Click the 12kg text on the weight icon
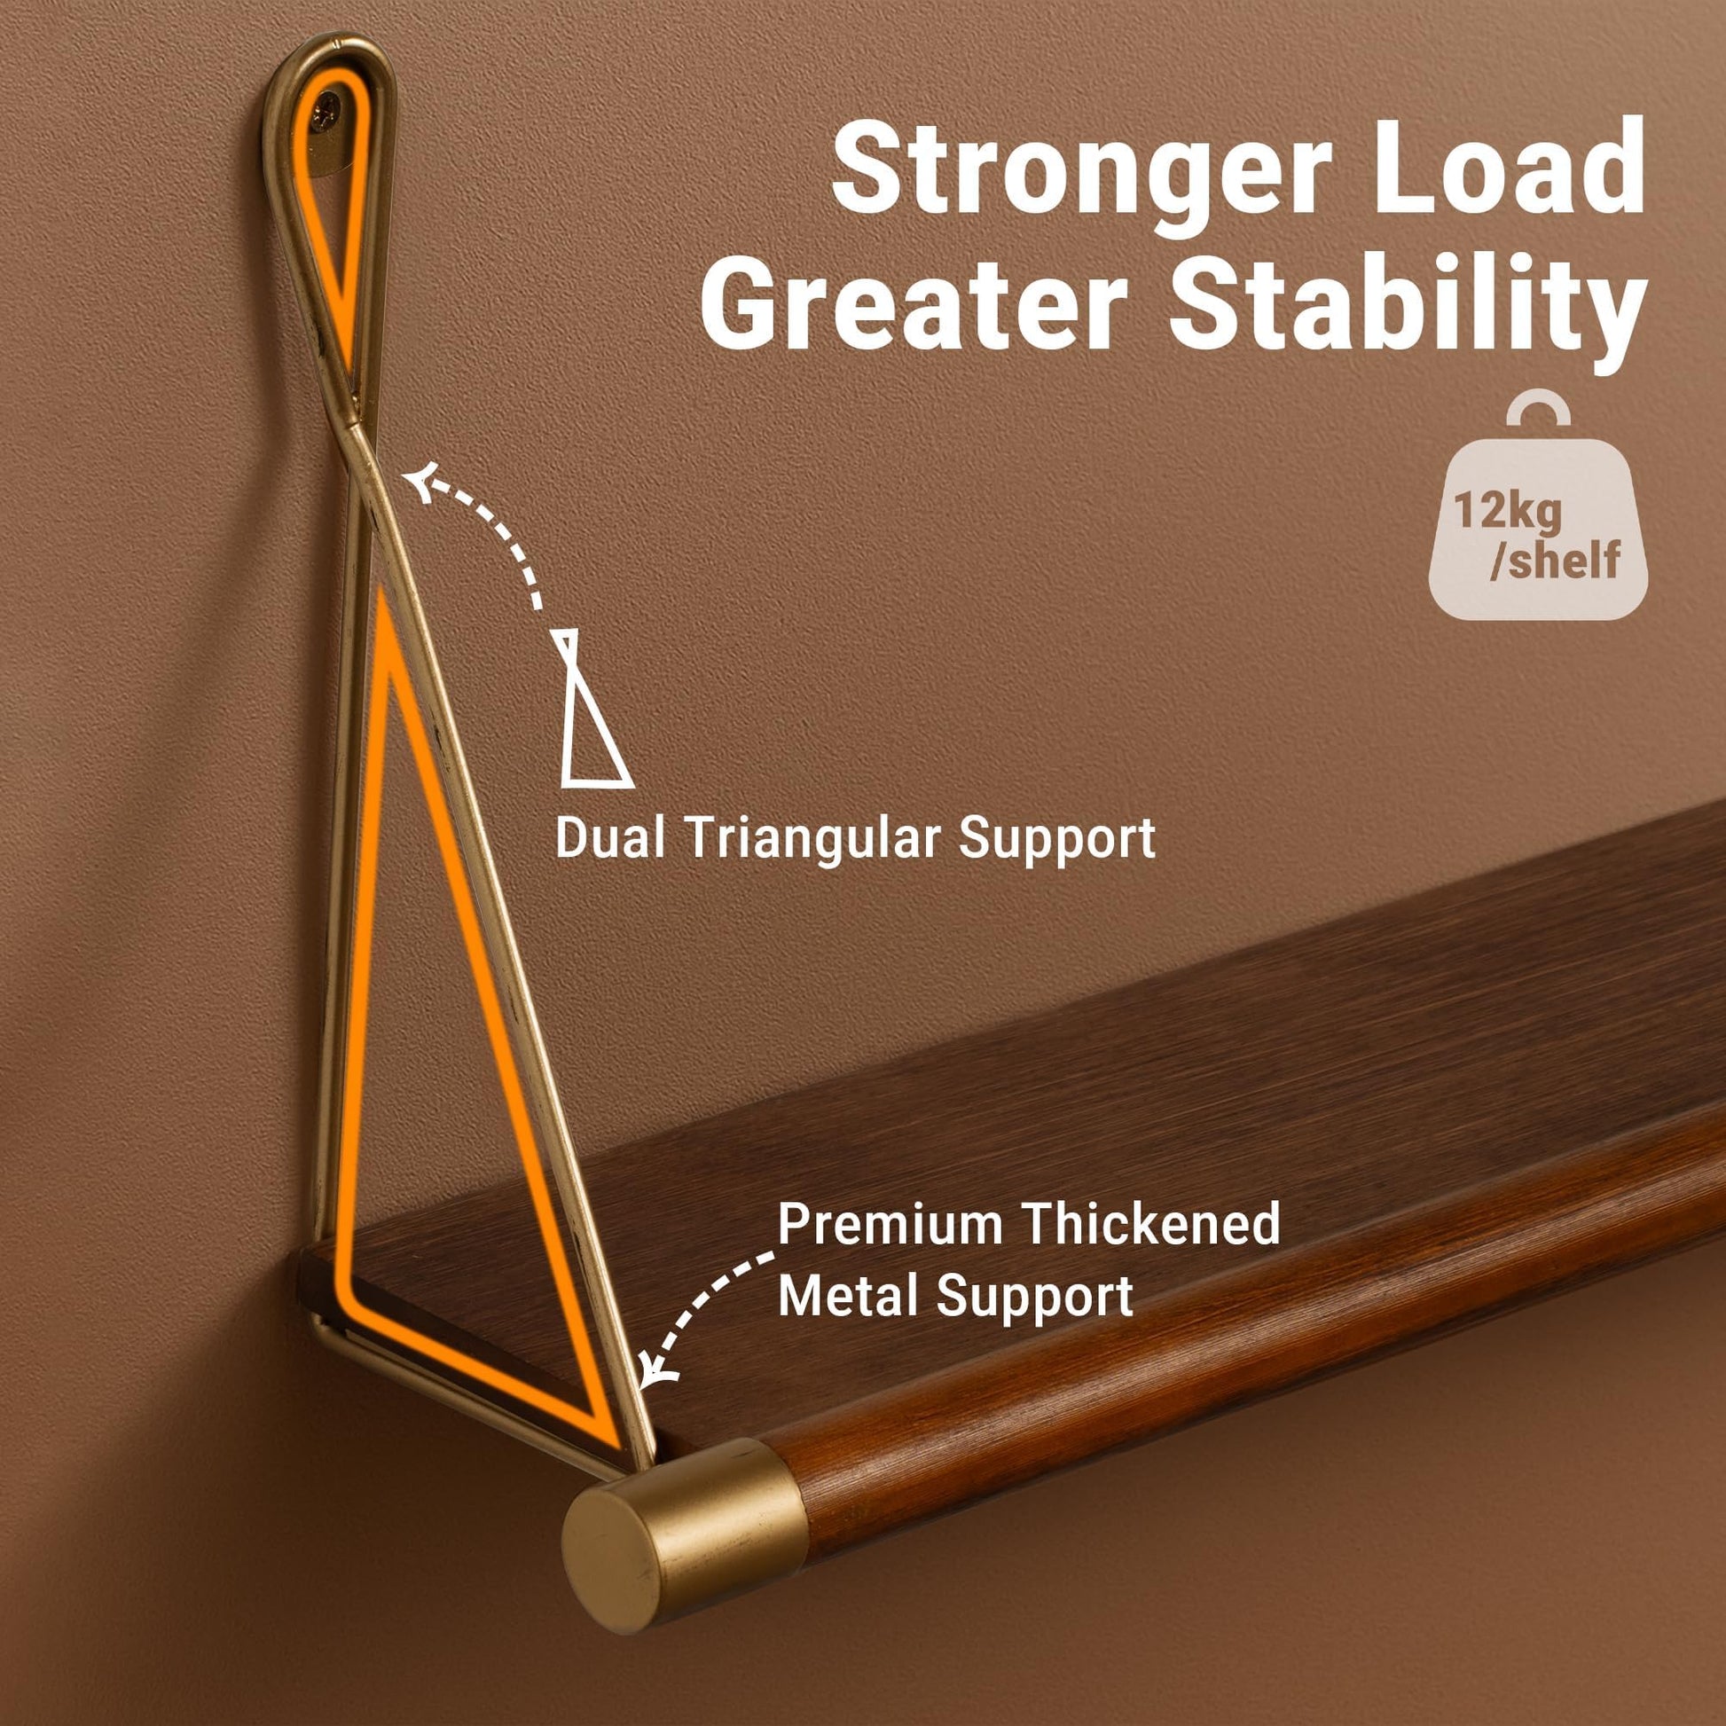pos(1507,512)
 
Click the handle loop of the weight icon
pos(1537,410)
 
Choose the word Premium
pos(891,1225)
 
